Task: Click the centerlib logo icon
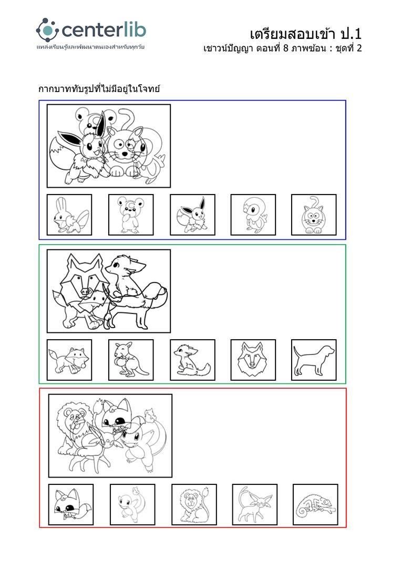pyautogui.click(x=47, y=29)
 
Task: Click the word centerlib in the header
pyautogui.click(x=104, y=30)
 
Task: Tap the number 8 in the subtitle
pyautogui.click(x=285, y=48)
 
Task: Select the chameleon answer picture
pyautogui.click(x=315, y=504)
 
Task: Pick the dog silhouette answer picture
pyautogui.click(x=314, y=360)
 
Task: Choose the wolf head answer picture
pyautogui.click(x=253, y=360)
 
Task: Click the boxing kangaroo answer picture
pyautogui.click(x=131, y=360)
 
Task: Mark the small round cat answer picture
pyautogui.click(x=314, y=215)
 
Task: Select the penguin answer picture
pyautogui.click(x=253, y=215)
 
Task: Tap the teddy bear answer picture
pyautogui.click(x=131, y=215)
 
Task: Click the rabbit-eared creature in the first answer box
pyautogui.click(x=69, y=215)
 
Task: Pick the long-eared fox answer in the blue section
pyautogui.click(x=192, y=215)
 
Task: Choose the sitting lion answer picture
pyautogui.click(x=194, y=504)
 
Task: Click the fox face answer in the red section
pyautogui.click(x=70, y=504)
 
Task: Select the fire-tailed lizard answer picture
pyautogui.click(x=132, y=504)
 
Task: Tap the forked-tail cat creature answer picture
pyautogui.click(x=255, y=504)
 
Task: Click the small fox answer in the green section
pyautogui.click(x=69, y=360)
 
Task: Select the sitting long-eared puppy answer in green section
pyautogui.click(x=192, y=360)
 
